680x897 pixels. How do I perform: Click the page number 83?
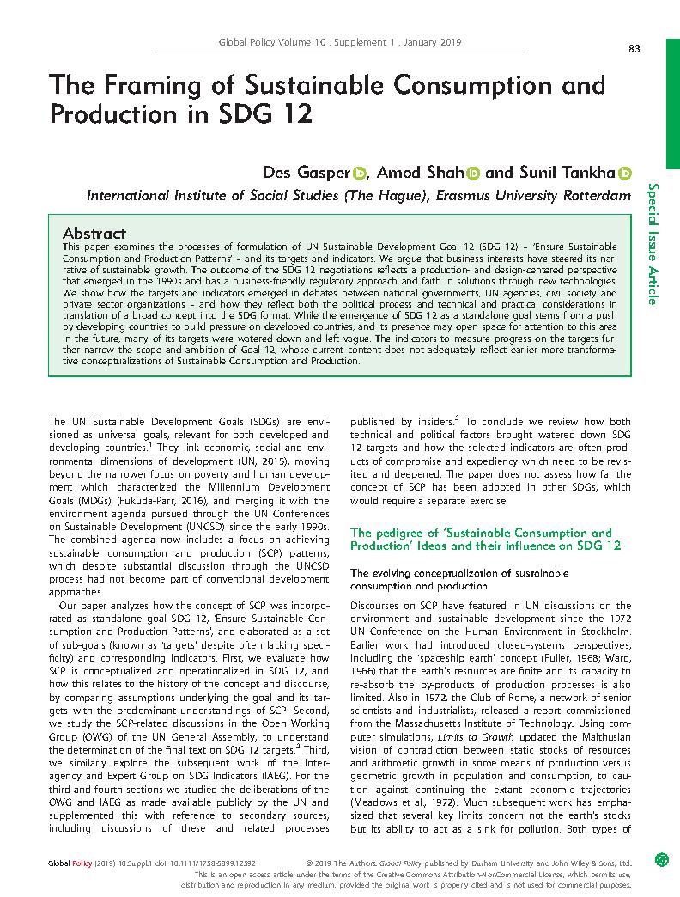point(634,49)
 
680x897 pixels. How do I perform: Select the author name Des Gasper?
point(307,172)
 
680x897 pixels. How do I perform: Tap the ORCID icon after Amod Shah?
point(473,173)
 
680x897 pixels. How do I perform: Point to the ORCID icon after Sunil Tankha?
point(625,173)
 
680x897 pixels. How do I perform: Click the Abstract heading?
point(94,233)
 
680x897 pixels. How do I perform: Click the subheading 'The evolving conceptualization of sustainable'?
point(458,572)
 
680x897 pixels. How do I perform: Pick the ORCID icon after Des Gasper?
point(360,173)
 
